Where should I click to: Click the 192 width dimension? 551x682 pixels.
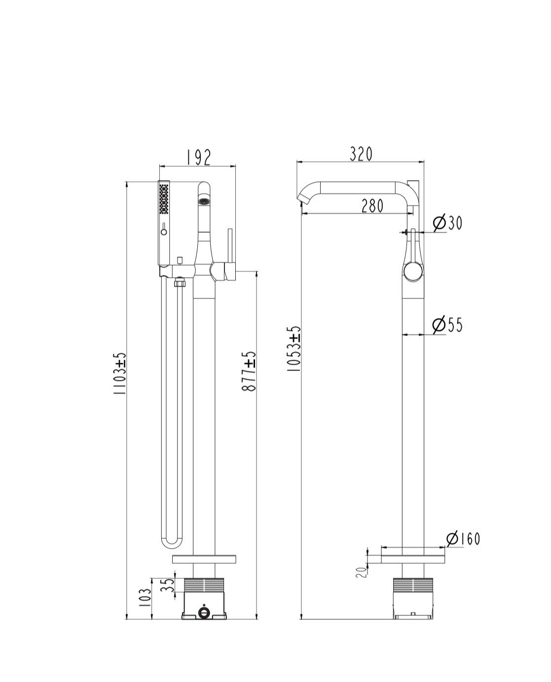(198, 157)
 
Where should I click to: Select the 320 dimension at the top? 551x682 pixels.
(361, 153)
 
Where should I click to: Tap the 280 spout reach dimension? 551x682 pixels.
(372, 206)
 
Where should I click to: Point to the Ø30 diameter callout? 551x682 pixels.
(447, 223)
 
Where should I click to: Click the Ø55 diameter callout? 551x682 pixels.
(447, 325)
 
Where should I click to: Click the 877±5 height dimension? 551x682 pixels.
(249, 372)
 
